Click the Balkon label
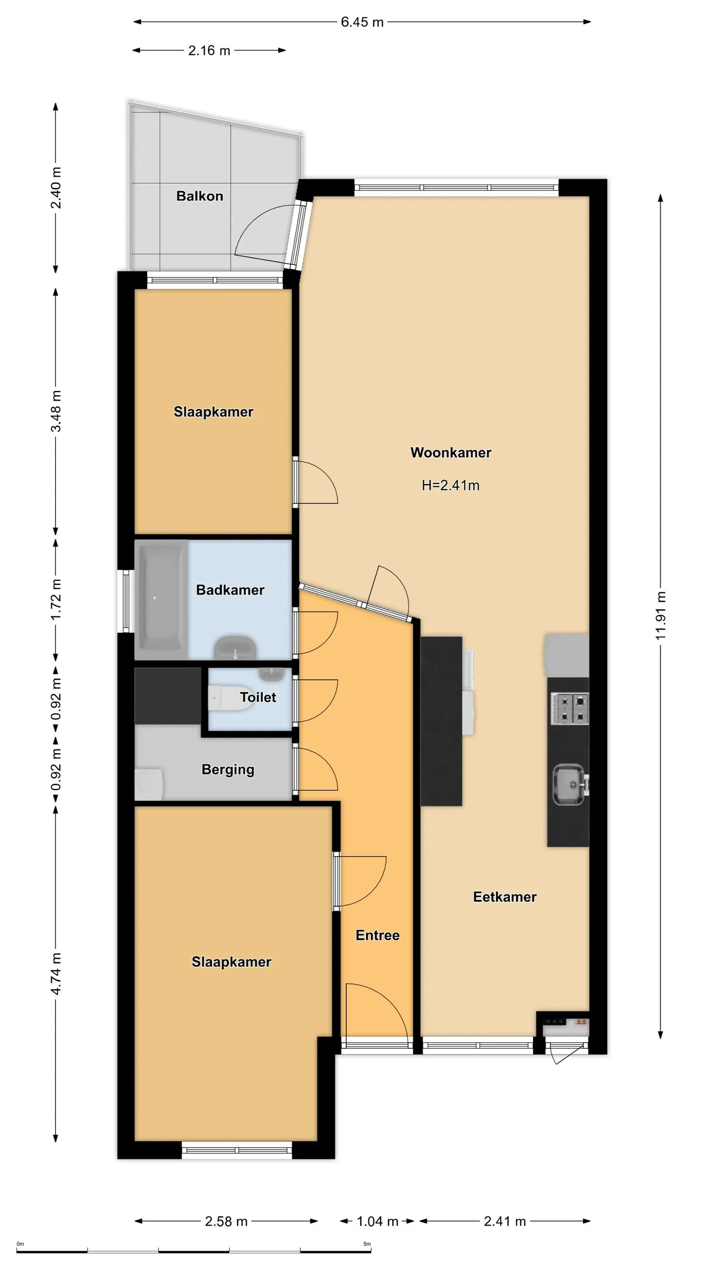pyautogui.click(x=200, y=196)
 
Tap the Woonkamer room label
pyautogui.click(x=450, y=453)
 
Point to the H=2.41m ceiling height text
pyautogui.click(x=450, y=485)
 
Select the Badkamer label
pyautogui.click(x=230, y=590)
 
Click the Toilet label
pyautogui.click(x=258, y=697)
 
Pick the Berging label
pyautogui.click(x=228, y=769)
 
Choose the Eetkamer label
pyautogui.click(x=504, y=897)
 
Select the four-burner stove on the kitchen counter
pyautogui.click(x=570, y=708)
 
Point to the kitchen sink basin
pyautogui.click(x=569, y=785)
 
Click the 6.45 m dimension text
pyautogui.click(x=362, y=22)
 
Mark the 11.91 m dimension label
pyautogui.click(x=661, y=615)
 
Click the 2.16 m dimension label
pyautogui.click(x=209, y=50)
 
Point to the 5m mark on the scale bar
pyautogui.click(x=367, y=1244)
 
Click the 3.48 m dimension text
pyautogui.click(x=56, y=411)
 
